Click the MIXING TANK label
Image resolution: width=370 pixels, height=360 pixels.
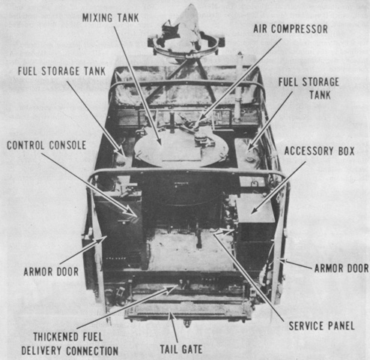coord(110,18)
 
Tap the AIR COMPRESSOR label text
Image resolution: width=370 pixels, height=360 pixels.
coord(291,29)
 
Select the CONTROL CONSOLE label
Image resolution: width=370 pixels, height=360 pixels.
coord(46,145)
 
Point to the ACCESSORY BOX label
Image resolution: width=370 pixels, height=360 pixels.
coord(319,151)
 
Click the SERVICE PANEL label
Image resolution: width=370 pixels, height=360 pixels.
coord(321,326)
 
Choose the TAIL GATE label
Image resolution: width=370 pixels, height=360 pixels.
coord(181,349)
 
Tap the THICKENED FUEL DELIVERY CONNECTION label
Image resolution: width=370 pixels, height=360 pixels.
coord(70,344)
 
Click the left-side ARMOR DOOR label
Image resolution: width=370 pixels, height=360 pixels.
coord(51,271)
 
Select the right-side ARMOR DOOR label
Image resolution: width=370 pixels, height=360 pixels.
coord(342,268)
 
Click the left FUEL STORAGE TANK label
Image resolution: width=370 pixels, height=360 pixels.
coord(61,71)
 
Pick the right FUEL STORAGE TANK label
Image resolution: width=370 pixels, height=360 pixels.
coord(309,88)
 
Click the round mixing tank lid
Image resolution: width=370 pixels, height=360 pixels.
coord(181,149)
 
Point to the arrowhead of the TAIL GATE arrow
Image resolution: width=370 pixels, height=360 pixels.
coord(171,315)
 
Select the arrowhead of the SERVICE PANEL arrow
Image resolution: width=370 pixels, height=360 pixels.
coord(215,232)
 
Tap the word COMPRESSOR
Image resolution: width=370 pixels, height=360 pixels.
coord(300,29)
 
